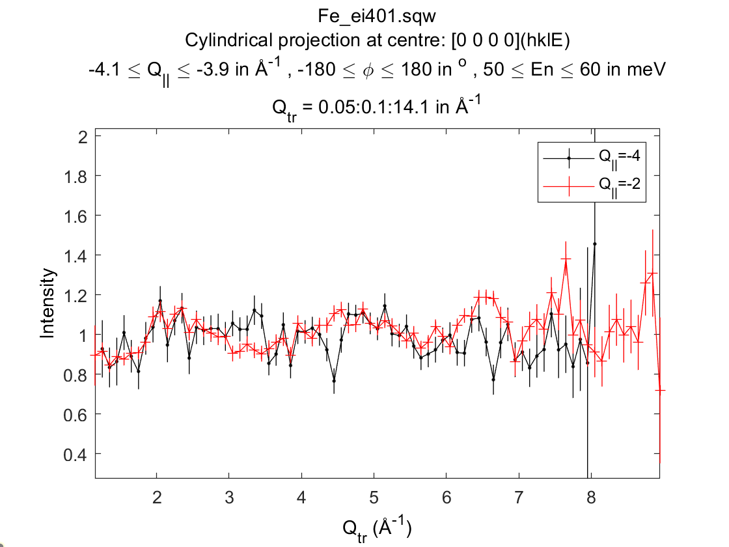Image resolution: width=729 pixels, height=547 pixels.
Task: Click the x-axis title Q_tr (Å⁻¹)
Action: (378, 527)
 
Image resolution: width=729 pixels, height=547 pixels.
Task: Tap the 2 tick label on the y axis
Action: (83, 136)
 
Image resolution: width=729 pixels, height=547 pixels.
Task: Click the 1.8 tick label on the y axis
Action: (77, 176)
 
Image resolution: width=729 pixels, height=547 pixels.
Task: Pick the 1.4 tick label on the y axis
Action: (77, 255)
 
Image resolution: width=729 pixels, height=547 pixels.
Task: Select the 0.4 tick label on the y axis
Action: (77, 454)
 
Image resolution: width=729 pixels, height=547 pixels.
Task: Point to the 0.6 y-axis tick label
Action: (77, 414)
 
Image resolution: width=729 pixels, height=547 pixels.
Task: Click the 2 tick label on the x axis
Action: (157, 498)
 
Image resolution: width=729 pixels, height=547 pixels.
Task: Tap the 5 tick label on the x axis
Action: (374, 498)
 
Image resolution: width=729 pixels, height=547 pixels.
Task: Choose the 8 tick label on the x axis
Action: (590, 498)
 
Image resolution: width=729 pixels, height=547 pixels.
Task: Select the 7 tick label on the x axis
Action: (519, 498)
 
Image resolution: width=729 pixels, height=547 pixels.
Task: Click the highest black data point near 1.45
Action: (594, 244)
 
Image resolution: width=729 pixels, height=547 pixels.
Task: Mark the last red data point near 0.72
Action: (660, 390)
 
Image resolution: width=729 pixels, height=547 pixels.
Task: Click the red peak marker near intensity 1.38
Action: (566, 259)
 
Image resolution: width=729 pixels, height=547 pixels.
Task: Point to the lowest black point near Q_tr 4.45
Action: (334, 380)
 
